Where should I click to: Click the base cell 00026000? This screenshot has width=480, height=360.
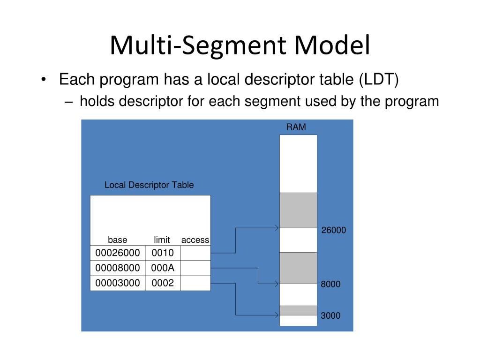118,253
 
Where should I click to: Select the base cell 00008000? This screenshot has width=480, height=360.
118,268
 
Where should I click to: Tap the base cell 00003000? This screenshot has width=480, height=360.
118,283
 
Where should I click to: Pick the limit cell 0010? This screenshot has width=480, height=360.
163,253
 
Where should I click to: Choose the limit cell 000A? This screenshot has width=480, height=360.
163,268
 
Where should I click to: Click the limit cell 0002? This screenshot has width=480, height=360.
163,283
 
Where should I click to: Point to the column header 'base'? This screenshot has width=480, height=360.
118,240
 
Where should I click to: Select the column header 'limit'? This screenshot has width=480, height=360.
162,240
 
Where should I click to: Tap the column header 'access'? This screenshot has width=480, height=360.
195,240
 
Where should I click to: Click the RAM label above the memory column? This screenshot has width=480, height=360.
296,127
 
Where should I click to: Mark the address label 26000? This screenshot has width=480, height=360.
334,230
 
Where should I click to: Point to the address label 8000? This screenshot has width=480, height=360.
330,285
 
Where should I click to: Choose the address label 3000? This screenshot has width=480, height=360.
330,316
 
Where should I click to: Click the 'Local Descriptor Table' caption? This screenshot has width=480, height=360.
149,185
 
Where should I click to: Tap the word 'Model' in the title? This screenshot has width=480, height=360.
332,46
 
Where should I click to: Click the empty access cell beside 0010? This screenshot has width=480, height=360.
195,253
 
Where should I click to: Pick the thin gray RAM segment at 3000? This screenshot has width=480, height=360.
298,310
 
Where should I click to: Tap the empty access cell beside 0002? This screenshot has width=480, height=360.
195,283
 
